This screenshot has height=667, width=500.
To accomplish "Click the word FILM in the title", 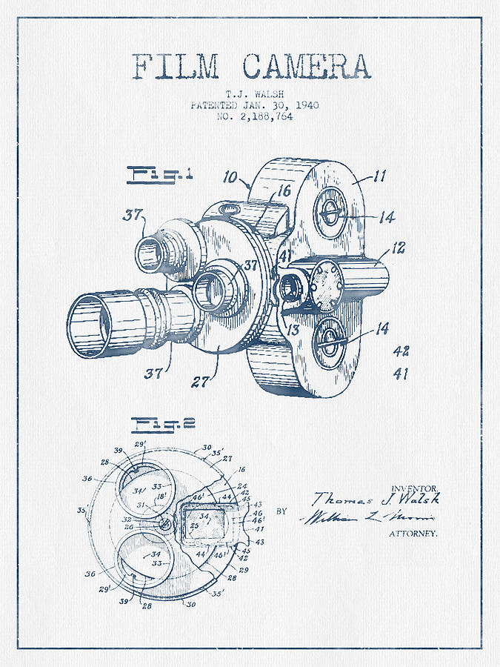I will [x=175, y=66].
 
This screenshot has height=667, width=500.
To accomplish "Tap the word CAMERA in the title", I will [x=306, y=66].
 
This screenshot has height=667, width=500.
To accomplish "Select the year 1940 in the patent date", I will [x=305, y=105].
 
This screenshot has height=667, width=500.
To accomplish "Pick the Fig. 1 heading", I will [x=151, y=176].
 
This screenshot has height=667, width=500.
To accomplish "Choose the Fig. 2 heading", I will [x=152, y=424].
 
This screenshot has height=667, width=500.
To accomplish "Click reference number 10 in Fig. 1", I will [x=230, y=178].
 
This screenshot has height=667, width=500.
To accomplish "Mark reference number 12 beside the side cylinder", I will [x=399, y=247].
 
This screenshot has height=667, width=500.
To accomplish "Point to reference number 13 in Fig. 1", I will [x=294, y=328].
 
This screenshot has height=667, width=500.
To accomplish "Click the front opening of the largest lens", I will [x=89, y=327].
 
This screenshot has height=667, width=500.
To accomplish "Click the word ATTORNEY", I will [x=413, y=534].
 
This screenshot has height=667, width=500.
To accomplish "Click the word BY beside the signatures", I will [x=281, y=511].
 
